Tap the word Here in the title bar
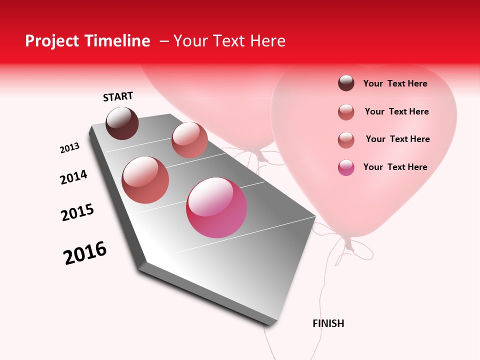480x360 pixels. (x=267, y=41)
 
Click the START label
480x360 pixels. (x=118, y=97)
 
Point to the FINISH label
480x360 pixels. (x=328, y=323)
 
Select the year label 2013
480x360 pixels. (x=69, y=148)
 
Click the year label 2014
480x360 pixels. (x=73, y=177)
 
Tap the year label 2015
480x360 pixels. (x=77, y=212)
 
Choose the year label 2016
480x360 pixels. (x=85, y=253)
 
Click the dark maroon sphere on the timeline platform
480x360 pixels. (x=122, y=123)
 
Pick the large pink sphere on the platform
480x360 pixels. (x=216, y=207)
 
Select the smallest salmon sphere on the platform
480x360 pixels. (x=189, y=140)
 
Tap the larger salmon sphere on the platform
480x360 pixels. (x=145, y=180)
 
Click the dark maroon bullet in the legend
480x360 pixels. (x=346, y=83)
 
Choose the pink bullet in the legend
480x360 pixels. (x=346, y=167)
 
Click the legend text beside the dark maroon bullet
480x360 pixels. (x=395, y=83)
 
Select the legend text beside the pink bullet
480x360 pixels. (x=395, y=167)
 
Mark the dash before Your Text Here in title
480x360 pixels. (x=164, y=41)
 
